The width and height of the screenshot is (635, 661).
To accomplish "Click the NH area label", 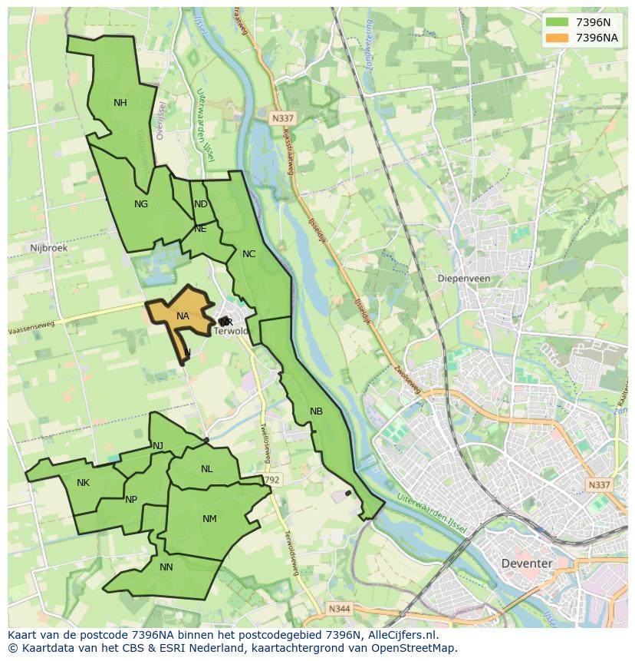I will [x=120, y=103].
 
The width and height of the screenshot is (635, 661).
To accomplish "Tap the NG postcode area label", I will [x=140, y=204].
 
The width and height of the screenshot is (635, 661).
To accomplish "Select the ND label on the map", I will [x=201, y=204].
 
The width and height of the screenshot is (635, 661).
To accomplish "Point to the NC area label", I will [x=248, y=254].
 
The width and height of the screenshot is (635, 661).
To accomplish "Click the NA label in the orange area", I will [x=183, y=316].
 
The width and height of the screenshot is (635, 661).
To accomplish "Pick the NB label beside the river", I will [x=316, y=411].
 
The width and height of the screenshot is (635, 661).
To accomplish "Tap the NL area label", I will [x=207, y=469].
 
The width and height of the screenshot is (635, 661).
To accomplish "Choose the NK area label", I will [x=84, y=483].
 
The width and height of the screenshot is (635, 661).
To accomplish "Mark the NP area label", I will [x=131, y=500].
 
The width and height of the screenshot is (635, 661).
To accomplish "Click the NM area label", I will [x=209, y=519].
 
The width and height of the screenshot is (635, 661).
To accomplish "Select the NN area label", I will [x=166, y=567].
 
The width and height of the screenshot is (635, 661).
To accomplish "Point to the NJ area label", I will [x=158, y=446].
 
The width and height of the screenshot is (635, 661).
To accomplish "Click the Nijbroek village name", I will [x=48, y=248].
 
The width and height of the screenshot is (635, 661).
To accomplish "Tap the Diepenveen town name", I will [x=463, y=279].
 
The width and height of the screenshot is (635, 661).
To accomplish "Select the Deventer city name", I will [x=526, y=564].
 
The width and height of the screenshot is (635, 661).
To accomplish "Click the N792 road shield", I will [x=271, y=480].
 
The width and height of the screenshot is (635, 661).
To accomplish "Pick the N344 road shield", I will [x=339, y=609].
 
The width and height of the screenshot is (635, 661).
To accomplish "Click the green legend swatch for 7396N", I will [x=558, y=22].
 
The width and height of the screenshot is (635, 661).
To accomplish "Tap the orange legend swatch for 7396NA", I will [x=558, y=38].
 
